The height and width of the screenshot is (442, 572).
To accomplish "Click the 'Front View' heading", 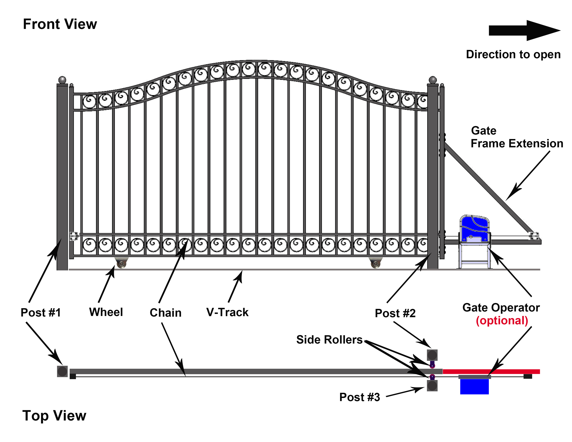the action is (60, 24).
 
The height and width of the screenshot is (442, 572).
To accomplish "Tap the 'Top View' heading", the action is (54, 415).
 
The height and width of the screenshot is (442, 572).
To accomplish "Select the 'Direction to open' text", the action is (513, 54).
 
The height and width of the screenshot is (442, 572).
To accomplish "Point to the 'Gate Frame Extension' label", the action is (517, 137).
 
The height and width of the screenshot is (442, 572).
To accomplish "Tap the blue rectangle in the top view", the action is (474, 387).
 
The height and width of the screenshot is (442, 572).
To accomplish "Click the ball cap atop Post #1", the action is (62, 80).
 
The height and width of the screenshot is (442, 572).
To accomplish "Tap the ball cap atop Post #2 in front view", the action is (433, 80).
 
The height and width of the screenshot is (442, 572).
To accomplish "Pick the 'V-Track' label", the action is (227, 312).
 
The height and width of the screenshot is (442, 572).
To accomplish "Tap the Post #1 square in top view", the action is (62, 371).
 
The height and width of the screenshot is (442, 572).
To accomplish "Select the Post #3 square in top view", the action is (432, 386).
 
